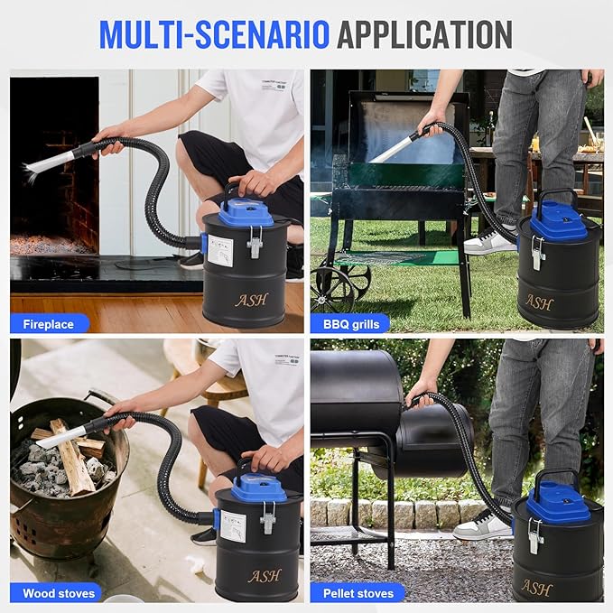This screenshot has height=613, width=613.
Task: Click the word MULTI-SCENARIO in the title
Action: (214, 33)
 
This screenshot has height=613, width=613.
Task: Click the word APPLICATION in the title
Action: (424, 33)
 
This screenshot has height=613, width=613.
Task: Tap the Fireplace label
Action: (49, 323)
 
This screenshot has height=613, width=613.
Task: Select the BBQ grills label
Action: (350, 323)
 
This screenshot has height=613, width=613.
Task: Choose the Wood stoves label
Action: (55, 593)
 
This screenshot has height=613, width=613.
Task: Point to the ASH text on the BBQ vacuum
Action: (539, 302)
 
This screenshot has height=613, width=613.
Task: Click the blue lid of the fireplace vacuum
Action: (246, 212)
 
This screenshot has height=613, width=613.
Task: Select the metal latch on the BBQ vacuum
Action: (538, 253)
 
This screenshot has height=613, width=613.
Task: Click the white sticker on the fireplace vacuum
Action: (220, 250)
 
